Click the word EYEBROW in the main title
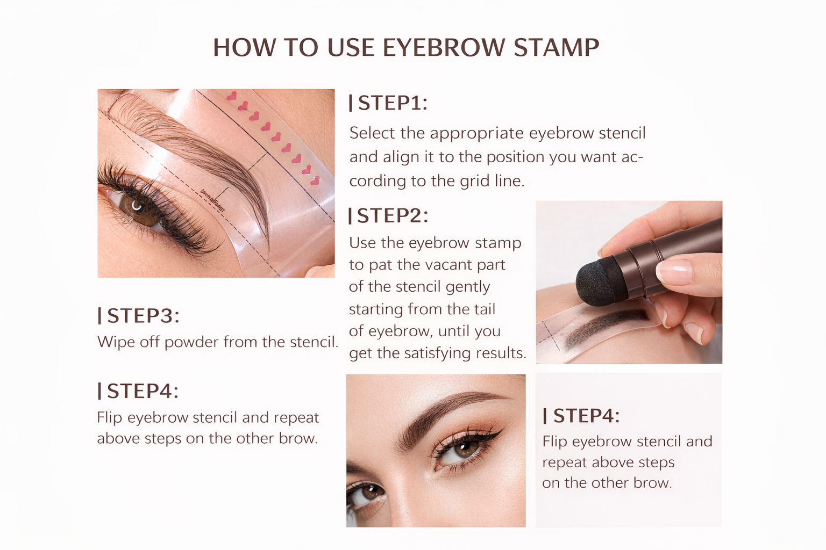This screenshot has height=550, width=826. pyautogui.click(x=444, y=47)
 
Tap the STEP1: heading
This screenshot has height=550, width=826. pyautogui.click(x=388, y=103)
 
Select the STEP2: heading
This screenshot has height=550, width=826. pyautogui.click(x=388, y=215)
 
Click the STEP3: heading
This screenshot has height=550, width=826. pyautogui.click(x=139, y=316)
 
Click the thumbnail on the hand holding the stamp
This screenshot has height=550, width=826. pyautogui.click(x=674, y=272)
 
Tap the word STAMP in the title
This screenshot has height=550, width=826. pyautogui.click(x=557, y=47)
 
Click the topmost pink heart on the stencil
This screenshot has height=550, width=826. pyautogui.click(x=232, y=96)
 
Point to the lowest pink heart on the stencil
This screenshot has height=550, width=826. pyautogui.click(x=315, y=181)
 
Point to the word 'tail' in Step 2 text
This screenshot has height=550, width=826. pyautogui.click(x=486, y=309)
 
